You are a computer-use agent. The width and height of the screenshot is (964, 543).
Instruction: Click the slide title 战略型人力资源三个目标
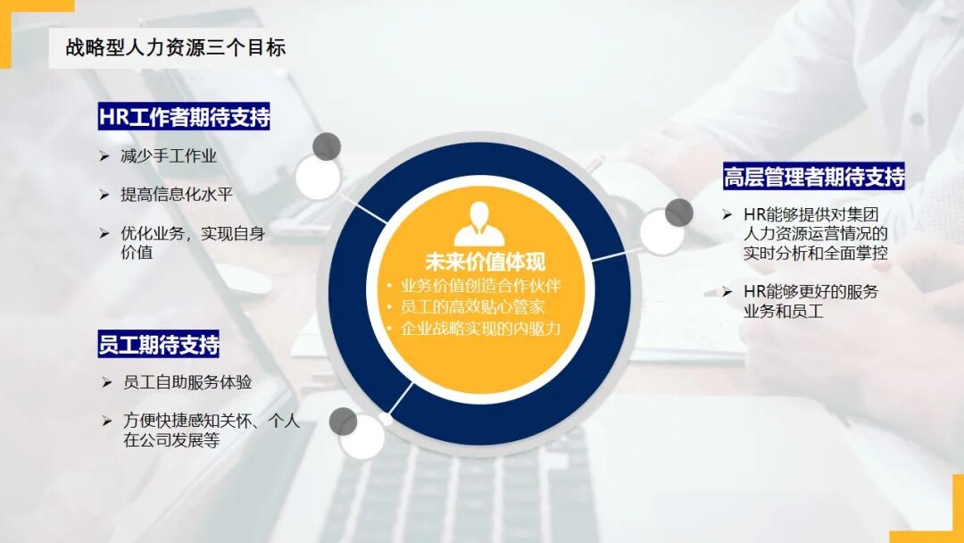click(176, 48)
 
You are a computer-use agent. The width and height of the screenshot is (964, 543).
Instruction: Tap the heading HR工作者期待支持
click(185, 117)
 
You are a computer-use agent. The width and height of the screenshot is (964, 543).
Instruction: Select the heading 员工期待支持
click(159, 344)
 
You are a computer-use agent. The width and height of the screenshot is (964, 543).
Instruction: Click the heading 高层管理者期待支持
click(814, 176)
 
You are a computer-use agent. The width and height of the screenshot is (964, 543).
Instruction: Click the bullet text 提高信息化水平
click(177, 194)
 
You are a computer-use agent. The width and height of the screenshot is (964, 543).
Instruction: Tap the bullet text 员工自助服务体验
click(187, 382)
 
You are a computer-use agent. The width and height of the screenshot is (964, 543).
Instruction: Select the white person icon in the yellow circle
click(479, 224)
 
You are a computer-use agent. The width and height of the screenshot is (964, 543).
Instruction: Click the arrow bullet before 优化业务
click(104, 233)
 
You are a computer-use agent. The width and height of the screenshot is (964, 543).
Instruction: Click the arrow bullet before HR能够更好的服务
click(727, 291)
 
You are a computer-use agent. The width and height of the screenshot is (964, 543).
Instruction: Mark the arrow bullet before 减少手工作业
click(104, 156)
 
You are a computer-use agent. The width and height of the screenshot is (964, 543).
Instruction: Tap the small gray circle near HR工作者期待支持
click(328, 146)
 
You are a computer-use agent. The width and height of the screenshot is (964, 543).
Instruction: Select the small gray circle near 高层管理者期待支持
click(679, 213)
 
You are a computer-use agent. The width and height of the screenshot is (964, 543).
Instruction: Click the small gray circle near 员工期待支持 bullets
click(343, 422)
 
